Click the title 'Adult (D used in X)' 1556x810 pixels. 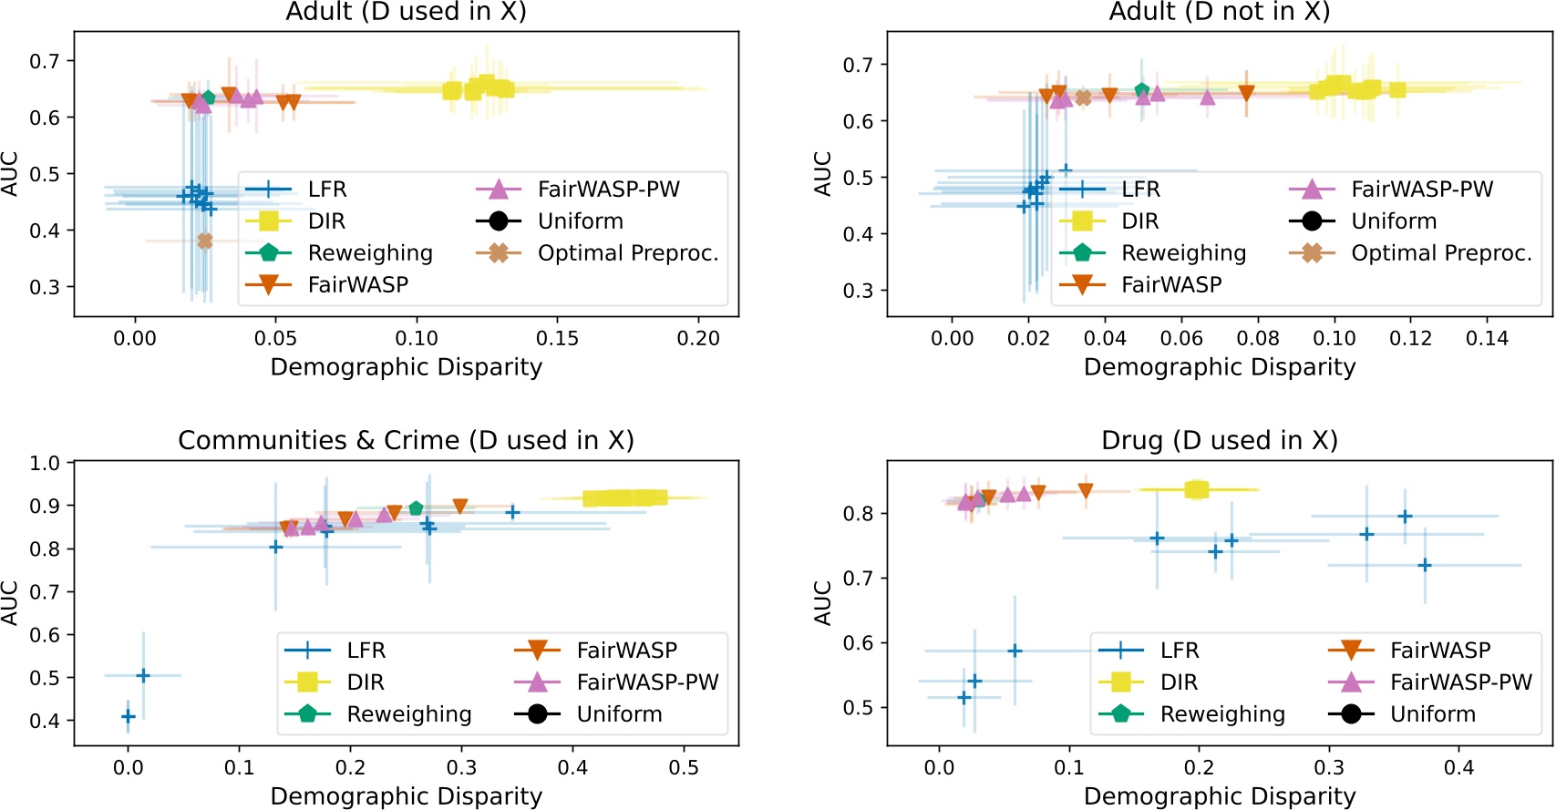tap(406, 12)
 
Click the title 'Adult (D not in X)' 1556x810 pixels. tap(1219, 12)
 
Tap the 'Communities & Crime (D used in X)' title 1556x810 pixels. tap(406, 440)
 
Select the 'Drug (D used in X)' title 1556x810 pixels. tap(1219, 440)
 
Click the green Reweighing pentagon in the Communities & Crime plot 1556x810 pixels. tap(417, 508)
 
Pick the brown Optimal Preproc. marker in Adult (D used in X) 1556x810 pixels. tap(205, 241)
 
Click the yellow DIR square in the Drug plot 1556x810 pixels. tap(1196, 489)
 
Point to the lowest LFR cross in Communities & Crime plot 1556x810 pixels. tap(129, 717)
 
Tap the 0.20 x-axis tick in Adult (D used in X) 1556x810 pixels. tap(698, 338)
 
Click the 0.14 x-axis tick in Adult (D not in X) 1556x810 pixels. tap(1487, 338)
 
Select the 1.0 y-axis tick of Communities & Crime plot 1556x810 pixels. tap(45, 463)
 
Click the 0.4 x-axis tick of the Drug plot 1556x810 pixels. tap(1458, 767)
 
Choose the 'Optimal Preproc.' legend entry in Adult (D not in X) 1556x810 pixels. tap(1440, 253)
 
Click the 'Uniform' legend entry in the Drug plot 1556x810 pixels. tap(1432, 714)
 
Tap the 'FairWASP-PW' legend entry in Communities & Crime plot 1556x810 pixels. tap(647, 682)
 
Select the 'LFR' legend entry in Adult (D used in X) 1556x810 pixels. tap(326, 190)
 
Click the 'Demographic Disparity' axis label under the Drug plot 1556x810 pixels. tap(1219, 796)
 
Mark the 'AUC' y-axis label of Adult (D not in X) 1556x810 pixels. tap(822, 174)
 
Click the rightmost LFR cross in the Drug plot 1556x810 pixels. tap(1425, 566)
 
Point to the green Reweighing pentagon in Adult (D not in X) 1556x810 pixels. tap(1142, 90)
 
